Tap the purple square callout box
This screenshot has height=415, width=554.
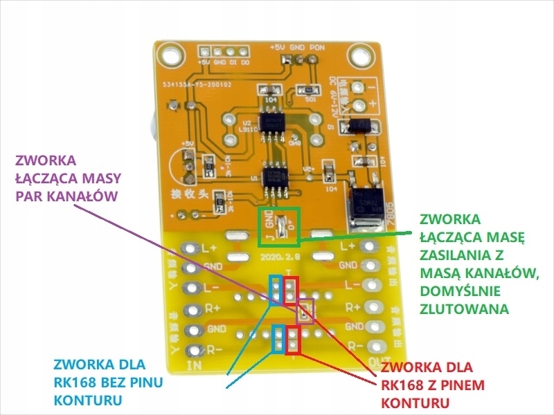tap(305, 311)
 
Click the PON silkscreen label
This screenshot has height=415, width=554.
tap(316, 47)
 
